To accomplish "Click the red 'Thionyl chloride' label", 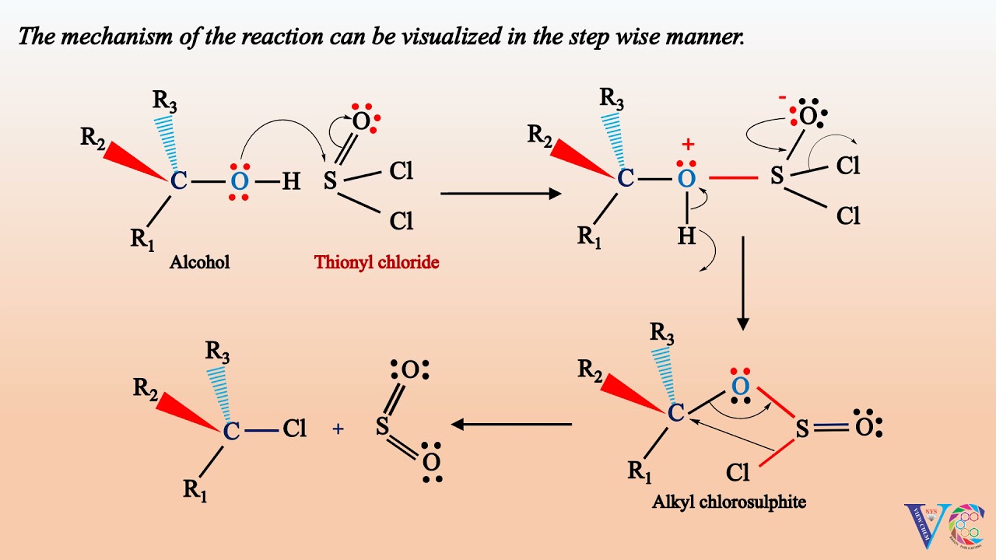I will point(377,262).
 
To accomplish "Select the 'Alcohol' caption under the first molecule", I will point(200,262).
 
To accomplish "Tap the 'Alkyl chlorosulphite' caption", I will point(728,502).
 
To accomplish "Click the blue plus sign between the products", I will point(338,428).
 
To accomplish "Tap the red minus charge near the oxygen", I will point(782,98).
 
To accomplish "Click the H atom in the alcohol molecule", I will point(290,182).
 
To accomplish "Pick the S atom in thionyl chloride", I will point(330,182).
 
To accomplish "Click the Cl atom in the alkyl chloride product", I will point(294,429).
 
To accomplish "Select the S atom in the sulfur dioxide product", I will point(381,426).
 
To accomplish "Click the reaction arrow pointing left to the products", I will point(512,425).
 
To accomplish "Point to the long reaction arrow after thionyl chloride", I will point(500,193).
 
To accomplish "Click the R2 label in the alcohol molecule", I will point(93,138).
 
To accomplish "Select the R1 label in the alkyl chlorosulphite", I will point(640,471).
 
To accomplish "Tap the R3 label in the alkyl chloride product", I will point(219,351).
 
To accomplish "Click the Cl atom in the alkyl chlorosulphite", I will point(738,471).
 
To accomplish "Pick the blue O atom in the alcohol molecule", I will point(240,182).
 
